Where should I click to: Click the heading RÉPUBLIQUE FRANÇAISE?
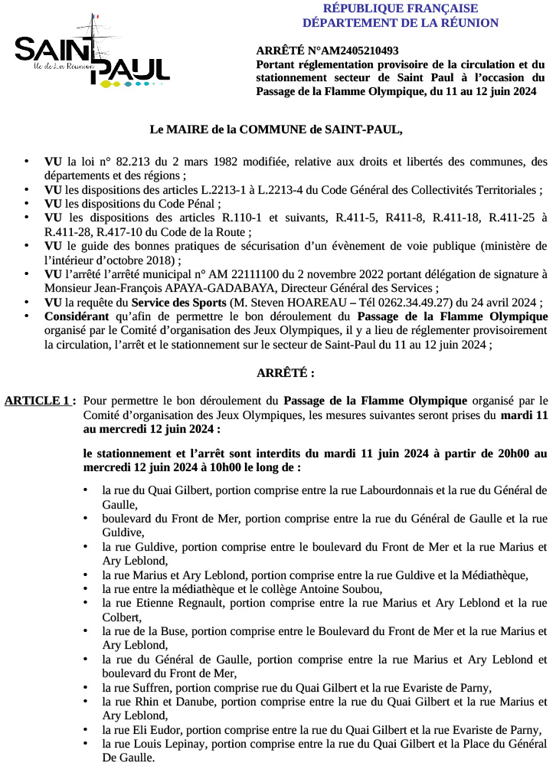tap(401, 8)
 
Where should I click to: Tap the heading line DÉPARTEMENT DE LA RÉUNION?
tap(401, 23)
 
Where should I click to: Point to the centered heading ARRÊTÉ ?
tap(285, 373)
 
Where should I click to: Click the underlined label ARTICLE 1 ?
tap(40, 400)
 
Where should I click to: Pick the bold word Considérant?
tap(77, 316)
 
